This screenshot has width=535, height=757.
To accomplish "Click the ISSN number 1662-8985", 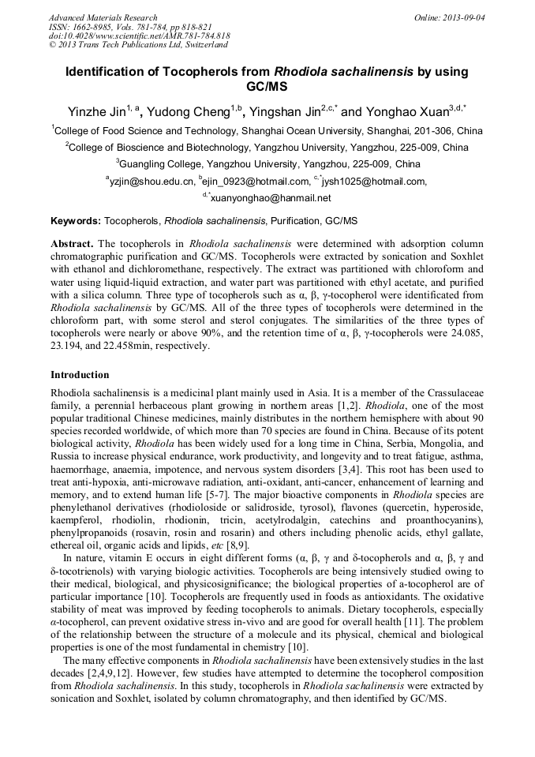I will click(99, 27).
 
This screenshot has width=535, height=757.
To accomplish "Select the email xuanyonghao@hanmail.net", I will click(271, 198).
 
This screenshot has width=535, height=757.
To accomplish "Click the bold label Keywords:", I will click(76, 221).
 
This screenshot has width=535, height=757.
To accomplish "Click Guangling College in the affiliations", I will click(161, 164).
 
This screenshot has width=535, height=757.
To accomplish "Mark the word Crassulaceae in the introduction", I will click(451, 393).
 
